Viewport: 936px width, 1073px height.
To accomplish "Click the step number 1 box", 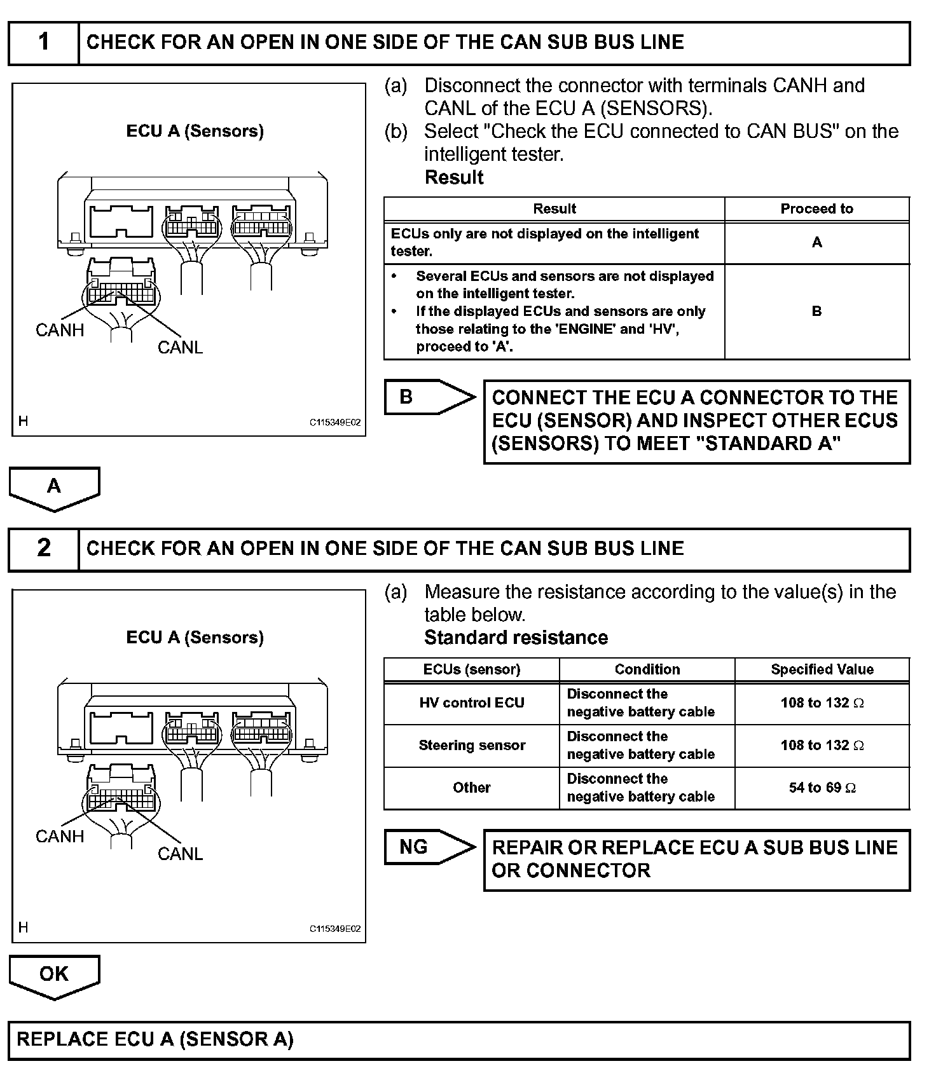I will (43, 43).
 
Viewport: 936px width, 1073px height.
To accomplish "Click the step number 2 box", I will (43, 548).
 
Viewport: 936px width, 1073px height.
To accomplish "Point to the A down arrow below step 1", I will (54, 488).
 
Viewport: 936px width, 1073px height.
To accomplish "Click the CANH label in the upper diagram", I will (60, 330).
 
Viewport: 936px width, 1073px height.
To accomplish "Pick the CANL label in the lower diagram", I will (180, 854).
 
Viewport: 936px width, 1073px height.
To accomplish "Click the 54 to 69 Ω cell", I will (822, 788).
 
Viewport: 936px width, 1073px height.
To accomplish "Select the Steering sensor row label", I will (472, 745).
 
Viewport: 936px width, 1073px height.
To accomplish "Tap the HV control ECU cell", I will (472, 702).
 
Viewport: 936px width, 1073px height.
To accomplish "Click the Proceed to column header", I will (816, 208).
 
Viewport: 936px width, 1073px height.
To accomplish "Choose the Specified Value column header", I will (822, 669).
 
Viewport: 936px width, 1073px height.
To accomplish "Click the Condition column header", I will (647, 669).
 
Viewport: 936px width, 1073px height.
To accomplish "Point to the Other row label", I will (472, 788).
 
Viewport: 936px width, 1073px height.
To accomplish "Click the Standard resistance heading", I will (516, 638).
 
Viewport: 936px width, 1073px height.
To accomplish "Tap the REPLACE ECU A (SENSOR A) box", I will (459, 1039).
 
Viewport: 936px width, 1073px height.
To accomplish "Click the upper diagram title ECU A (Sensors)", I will (195, 131).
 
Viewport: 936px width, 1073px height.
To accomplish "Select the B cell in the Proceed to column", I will (816, 311).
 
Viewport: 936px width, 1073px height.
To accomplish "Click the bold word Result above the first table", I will (454, 177).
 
